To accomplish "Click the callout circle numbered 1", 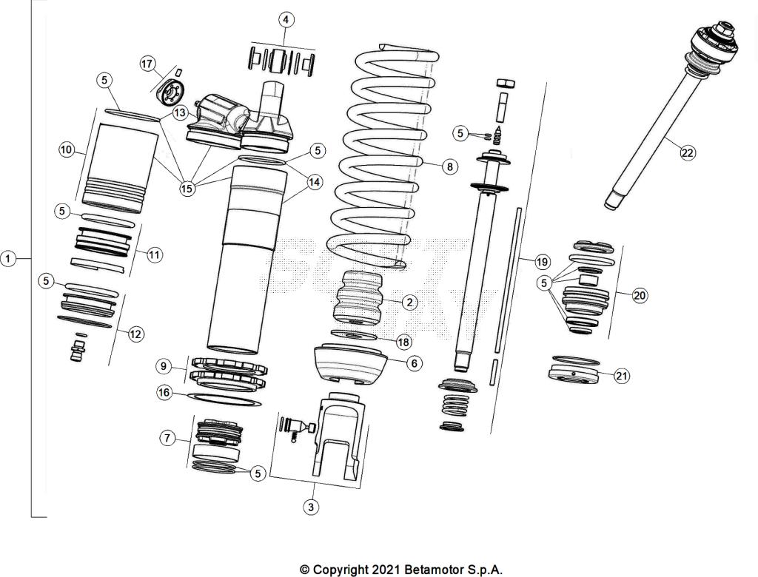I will (8, 259).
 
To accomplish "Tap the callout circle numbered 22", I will (688, 152).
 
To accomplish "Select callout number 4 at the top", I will (286, 19).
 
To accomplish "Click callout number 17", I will (147, 64).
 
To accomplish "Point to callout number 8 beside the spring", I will (449, 166).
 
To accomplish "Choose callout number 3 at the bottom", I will (311, 507).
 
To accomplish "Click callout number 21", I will (622, 376).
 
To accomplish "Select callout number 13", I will (181, 113).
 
